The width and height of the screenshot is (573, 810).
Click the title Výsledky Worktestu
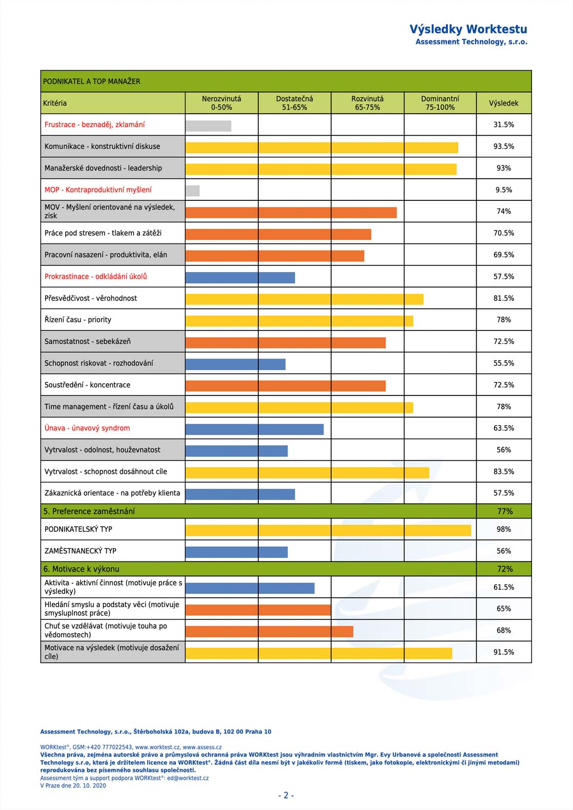pyautogui.click(x=468, y=29)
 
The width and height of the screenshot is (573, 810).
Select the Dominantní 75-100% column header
pyautogui.click(x=440, y=103)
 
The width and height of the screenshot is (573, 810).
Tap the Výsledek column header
pyautogui.click(x=503, y=103)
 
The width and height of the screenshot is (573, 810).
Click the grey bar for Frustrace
pyautogui.click(x=209, y=126)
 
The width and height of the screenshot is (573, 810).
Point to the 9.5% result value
pyautogui.click(x=503, y=190)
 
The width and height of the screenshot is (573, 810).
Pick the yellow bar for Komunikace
pyautogui.click(x=321, y=148)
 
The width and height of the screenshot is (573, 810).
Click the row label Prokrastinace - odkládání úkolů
pyautogui.click(x=96, y=277)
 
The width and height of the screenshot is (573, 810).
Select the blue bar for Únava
pyautogui.click(x=255, y=429)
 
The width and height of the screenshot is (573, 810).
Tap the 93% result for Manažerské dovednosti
pyautogui.click(x=503, y=168)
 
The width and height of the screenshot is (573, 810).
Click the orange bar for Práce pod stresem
pyautogui.click(x=278, y=234)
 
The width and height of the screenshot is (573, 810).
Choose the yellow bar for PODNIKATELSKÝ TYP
pyautogui.click(x=328, y=530)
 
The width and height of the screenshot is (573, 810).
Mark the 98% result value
pyautogui.click(x=503, y=529)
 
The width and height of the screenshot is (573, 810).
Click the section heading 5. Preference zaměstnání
pyautogui.click(x=89, y=511)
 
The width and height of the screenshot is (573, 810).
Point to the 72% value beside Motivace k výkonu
pyautogui.click(x=505, y=569)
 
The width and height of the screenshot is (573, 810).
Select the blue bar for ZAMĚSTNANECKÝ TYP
pyautogui.click(x=237, y=552)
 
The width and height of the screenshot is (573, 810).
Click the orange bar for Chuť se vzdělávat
pyautogui.click(x=269, y=632)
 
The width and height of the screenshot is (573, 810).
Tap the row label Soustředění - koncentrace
pyautogui.click(x=87, y=385)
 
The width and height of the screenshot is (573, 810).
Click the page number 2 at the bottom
pyautogui.click(x=286, y=796)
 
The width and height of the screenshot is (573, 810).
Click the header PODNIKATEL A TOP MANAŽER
pyautogui.click(x=92, y=81)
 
